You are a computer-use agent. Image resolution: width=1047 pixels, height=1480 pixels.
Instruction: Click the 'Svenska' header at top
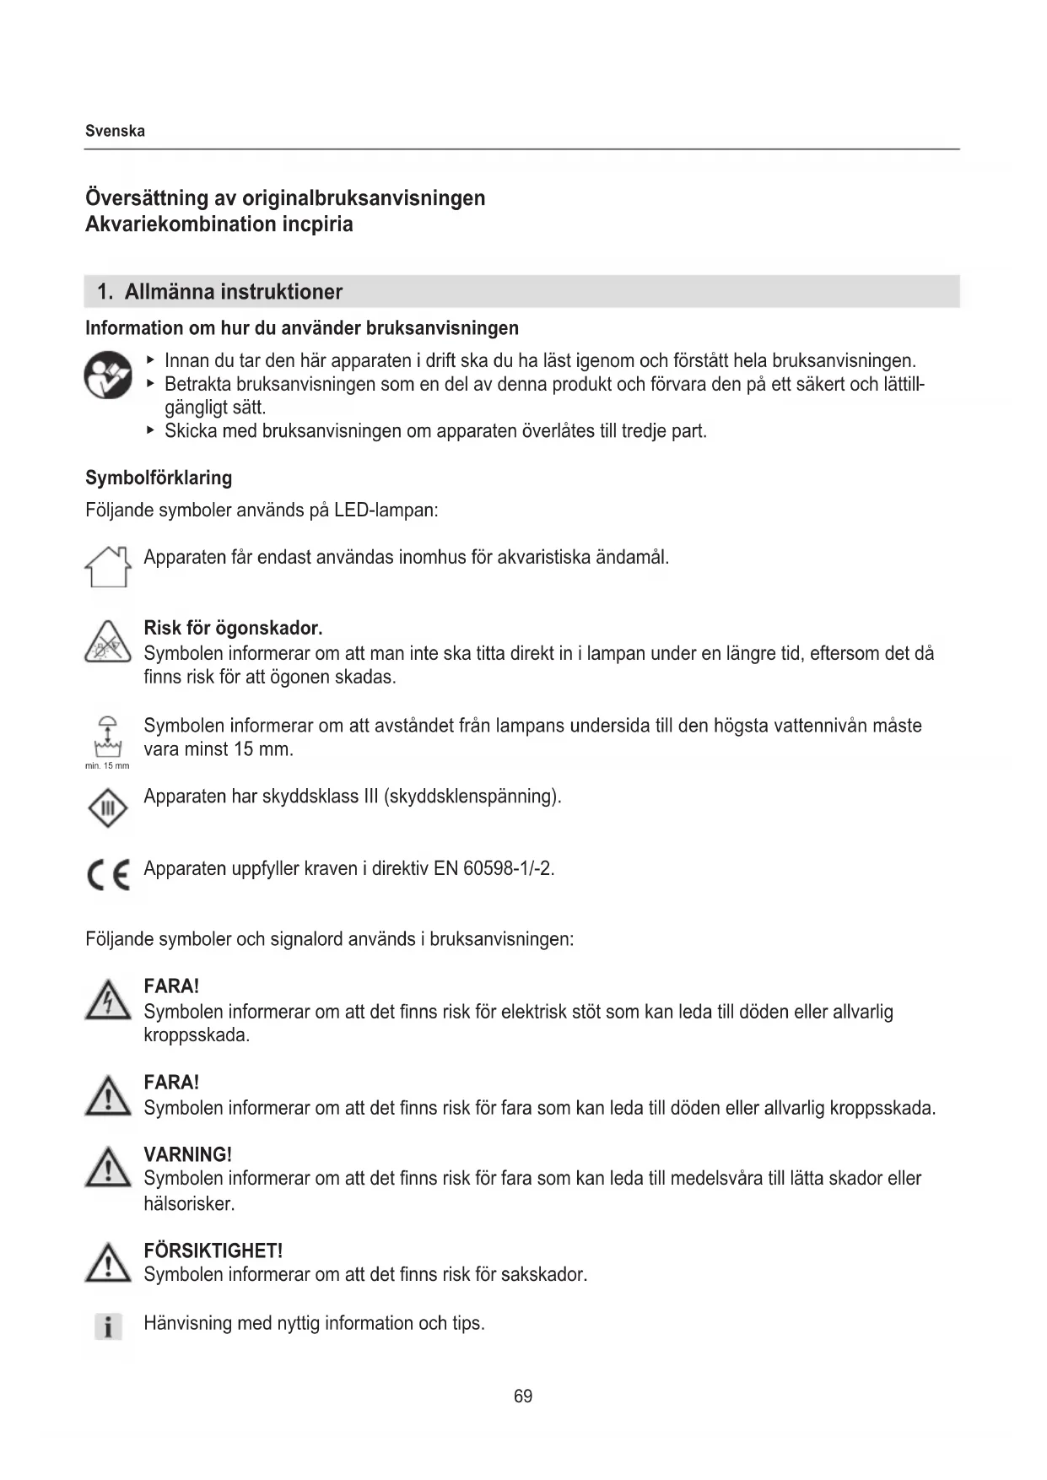click(x=115, y=131)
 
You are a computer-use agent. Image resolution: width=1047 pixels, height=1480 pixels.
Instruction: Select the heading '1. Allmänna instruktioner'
click(x=219, y=292)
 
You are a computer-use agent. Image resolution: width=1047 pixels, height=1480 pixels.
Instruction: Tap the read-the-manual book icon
click(x=108, y=375)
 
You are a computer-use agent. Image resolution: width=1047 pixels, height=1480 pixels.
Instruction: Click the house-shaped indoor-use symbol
click(x=109, y=566)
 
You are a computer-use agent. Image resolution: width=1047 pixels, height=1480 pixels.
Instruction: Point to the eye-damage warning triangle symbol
click(x=108, y=642)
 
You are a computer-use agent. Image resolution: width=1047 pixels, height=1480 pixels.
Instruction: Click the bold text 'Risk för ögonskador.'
click(x=233, y=628)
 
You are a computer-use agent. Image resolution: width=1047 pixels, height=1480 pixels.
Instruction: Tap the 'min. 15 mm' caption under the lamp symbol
click(x=107, y=765)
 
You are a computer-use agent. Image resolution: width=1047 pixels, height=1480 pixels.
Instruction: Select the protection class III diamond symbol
click(x=108, y=808)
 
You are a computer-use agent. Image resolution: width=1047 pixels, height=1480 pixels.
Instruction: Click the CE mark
click(x=108, y=875)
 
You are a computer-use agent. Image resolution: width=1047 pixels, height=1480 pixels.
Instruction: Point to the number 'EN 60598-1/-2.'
click(x=494, y=868)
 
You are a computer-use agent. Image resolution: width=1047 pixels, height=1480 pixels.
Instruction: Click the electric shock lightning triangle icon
click(x=108, y=1001)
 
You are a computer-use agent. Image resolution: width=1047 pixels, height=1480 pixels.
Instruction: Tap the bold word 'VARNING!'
click(x=187, y=1154)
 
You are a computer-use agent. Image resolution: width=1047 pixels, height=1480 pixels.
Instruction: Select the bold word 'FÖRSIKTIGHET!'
click(x=213, y=1250)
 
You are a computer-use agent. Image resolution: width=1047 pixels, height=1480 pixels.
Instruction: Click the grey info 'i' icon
click(x=107, y=1326)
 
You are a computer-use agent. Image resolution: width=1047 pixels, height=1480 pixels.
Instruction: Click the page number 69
click(x=523, y=1396)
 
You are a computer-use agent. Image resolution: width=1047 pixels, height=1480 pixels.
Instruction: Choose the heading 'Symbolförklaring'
click(x=159, y=478)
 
